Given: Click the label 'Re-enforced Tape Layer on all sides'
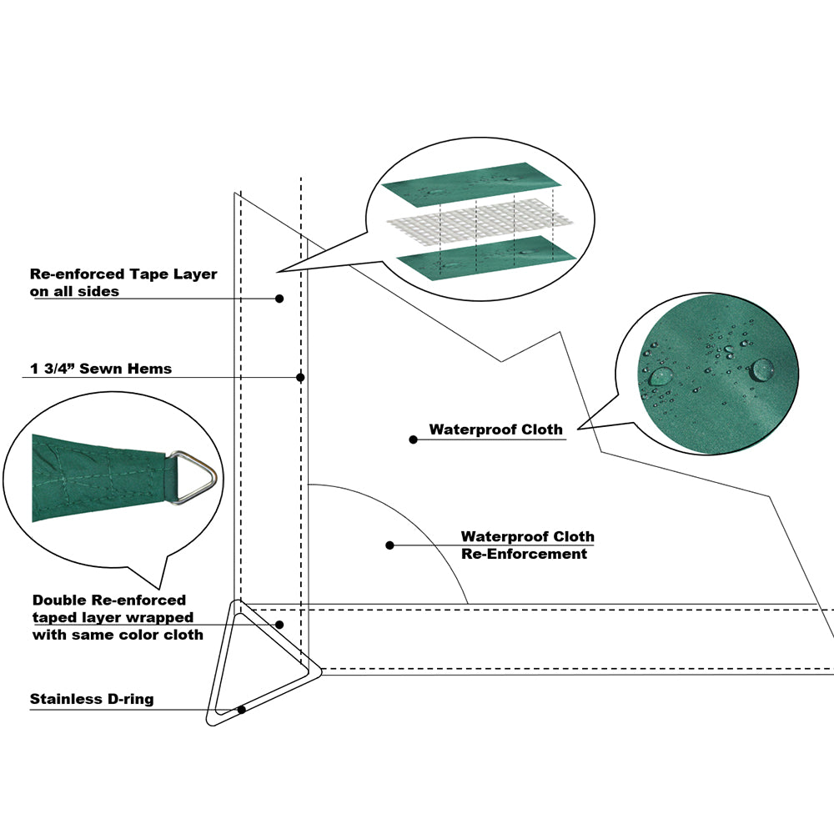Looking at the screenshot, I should click(123, 283).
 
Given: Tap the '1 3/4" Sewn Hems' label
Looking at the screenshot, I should click(100, 369).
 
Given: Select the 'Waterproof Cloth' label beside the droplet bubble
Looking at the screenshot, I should click(495, 430).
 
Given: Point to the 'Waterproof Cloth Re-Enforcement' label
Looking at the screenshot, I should click(527, 545).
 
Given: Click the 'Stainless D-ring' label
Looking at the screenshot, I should click(92, 699).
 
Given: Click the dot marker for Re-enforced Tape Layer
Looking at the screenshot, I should click(279, 298).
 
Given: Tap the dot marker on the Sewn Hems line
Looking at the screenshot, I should click(300, 377).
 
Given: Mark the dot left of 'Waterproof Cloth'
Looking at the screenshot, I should click(413, 440).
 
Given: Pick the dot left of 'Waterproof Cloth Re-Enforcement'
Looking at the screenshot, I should click(389, 545).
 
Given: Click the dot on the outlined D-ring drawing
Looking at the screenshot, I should click(241, 710).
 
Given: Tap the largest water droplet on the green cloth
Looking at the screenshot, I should click(762, 368).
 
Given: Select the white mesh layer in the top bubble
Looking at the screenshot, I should click(480, 221).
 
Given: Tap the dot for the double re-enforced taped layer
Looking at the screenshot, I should click(279, 624).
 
